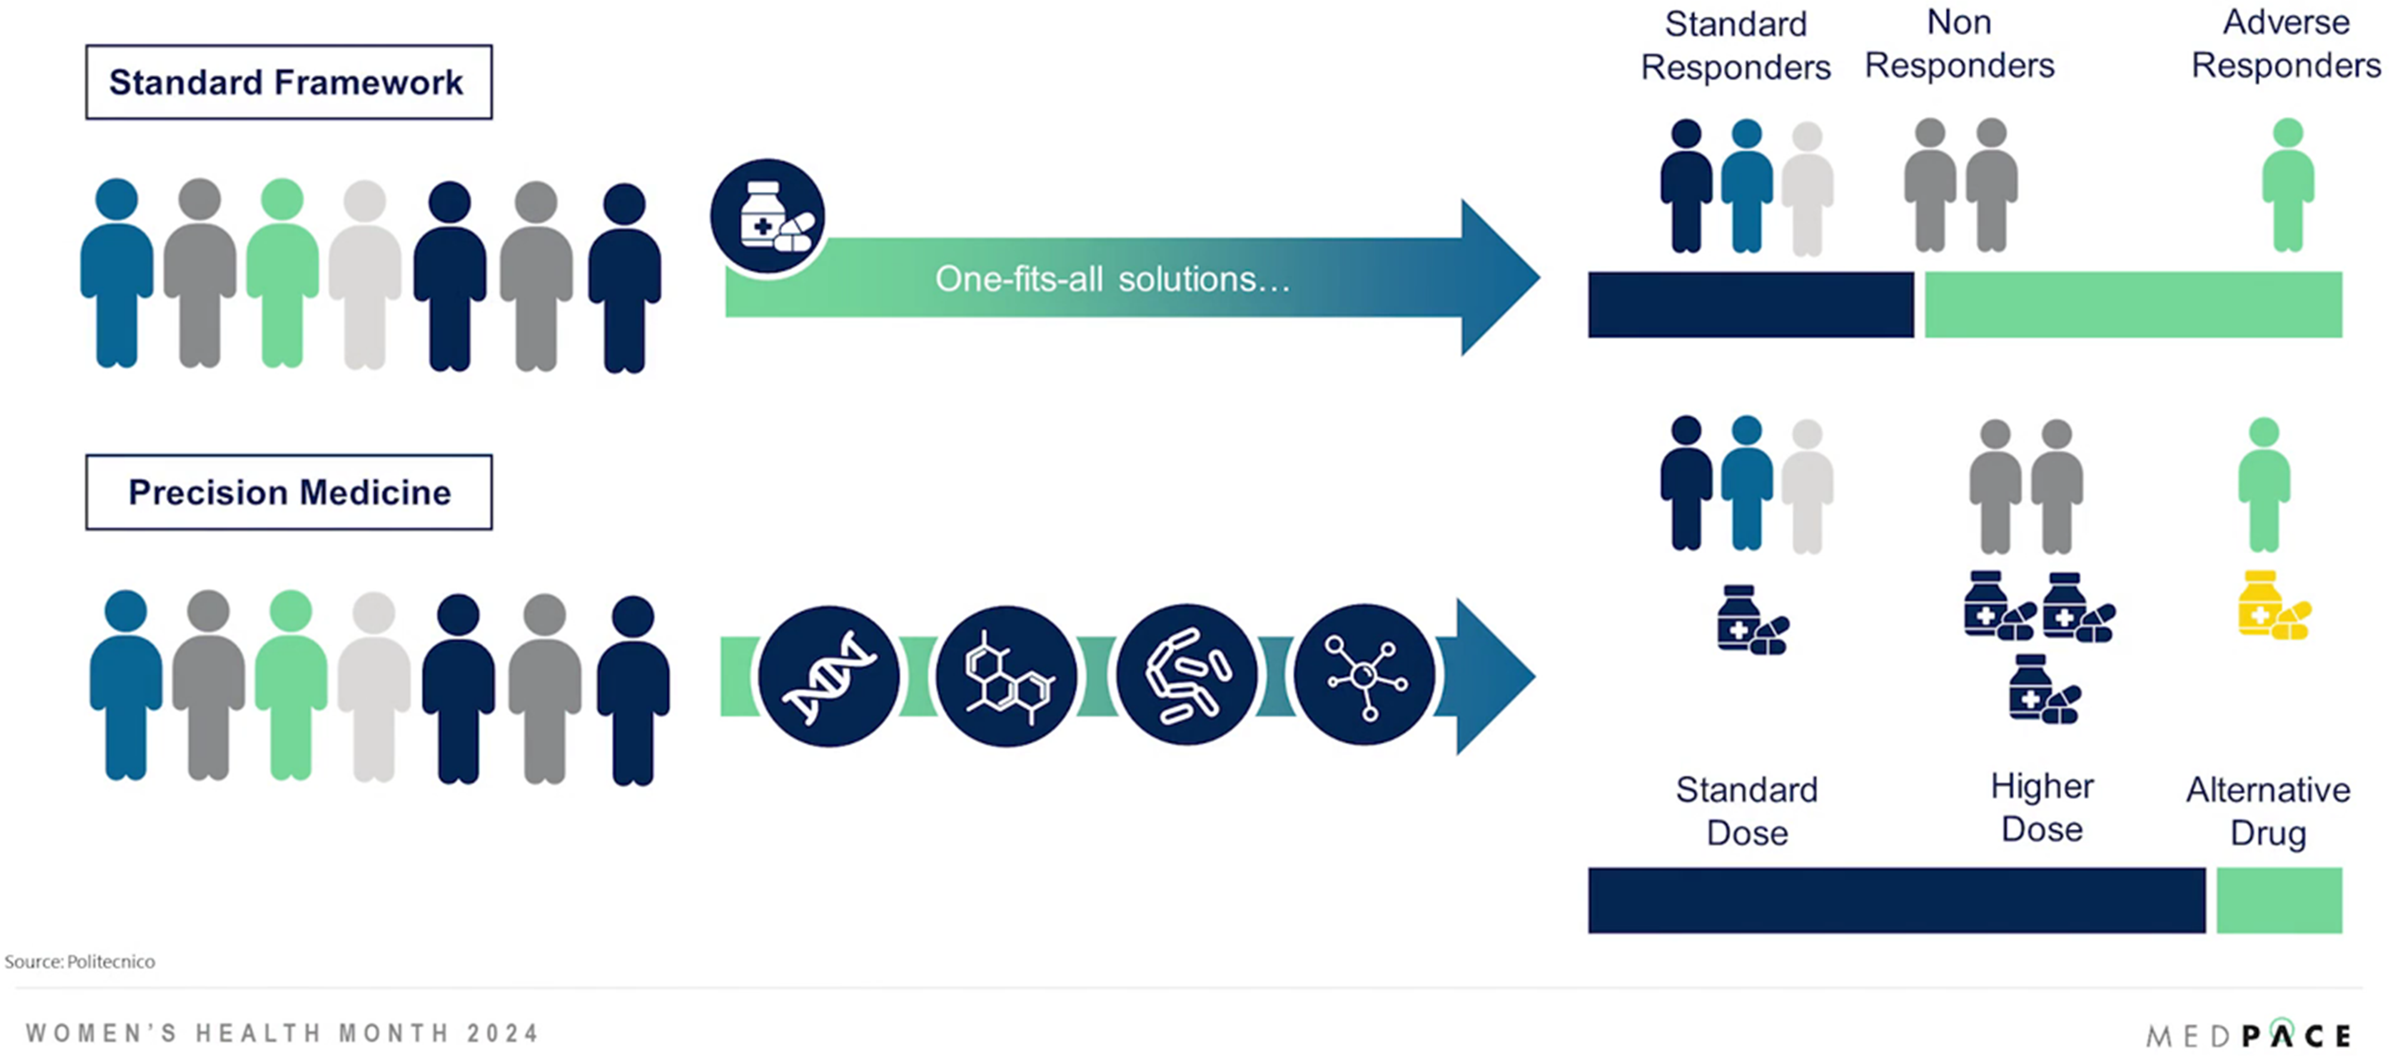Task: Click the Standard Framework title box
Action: pyautogui.click(x=288, y=82)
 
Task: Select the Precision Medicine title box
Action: pyautogui.click(x=288, y=492)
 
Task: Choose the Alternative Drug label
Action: pyautogui.click(x=2268, y=811)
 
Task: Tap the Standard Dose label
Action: pyautogui.click(x=1746, y=811)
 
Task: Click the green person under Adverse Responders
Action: pyautogui.click(x=2287, y=186)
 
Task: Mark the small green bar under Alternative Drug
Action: pyautogui.click(x=2279, y=900)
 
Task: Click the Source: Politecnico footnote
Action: pyautogui.click(x=80, y=962)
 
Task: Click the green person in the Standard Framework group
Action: pyautogui.click(x=282, y=273)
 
